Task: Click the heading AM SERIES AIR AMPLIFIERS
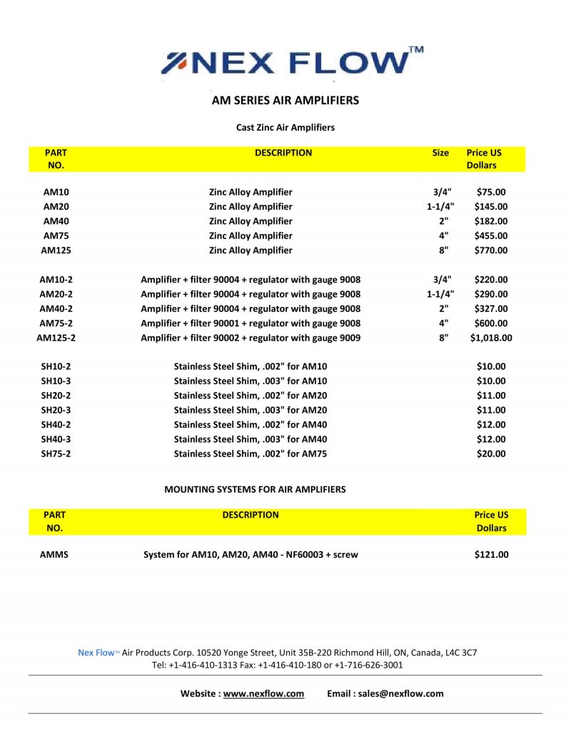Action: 285,101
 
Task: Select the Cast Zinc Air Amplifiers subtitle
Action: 285,128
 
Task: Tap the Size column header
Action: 440,153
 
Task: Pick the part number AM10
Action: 56,192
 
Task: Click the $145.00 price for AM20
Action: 490,207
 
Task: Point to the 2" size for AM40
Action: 443,221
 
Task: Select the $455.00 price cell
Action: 490,236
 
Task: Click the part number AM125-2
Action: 56,338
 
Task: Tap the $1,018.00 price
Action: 490,338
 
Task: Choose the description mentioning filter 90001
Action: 251,323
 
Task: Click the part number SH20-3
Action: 56,411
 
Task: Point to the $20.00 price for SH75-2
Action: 490,454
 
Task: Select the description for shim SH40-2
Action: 251,425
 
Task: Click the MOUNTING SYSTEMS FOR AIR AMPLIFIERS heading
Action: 255,490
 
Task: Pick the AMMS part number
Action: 54,555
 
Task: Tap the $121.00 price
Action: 491,555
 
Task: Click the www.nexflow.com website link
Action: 263,693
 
